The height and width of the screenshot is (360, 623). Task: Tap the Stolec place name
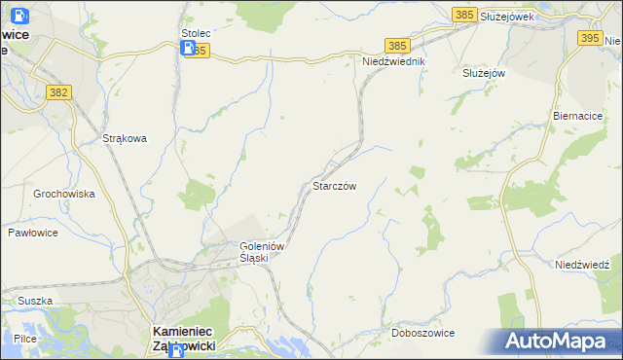tap(196, 32)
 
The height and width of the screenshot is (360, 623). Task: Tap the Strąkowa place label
tap(125, 138)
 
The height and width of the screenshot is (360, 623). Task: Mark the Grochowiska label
tap(64, 194)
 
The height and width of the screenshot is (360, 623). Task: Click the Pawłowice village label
tap(34, 234)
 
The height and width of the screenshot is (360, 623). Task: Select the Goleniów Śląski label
tap(261, 252)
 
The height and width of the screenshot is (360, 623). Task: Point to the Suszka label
tap(34, 301)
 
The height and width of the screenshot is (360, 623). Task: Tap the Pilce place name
tap(25, 338)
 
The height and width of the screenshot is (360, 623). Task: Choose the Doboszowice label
tap(423, 333)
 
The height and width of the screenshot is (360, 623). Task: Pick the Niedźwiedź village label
tap(582, 265)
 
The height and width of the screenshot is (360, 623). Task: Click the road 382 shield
tap(58, 91)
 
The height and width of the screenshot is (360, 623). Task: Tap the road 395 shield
tap(590, 38)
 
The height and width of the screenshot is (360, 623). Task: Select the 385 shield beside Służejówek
tap(464, 14)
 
